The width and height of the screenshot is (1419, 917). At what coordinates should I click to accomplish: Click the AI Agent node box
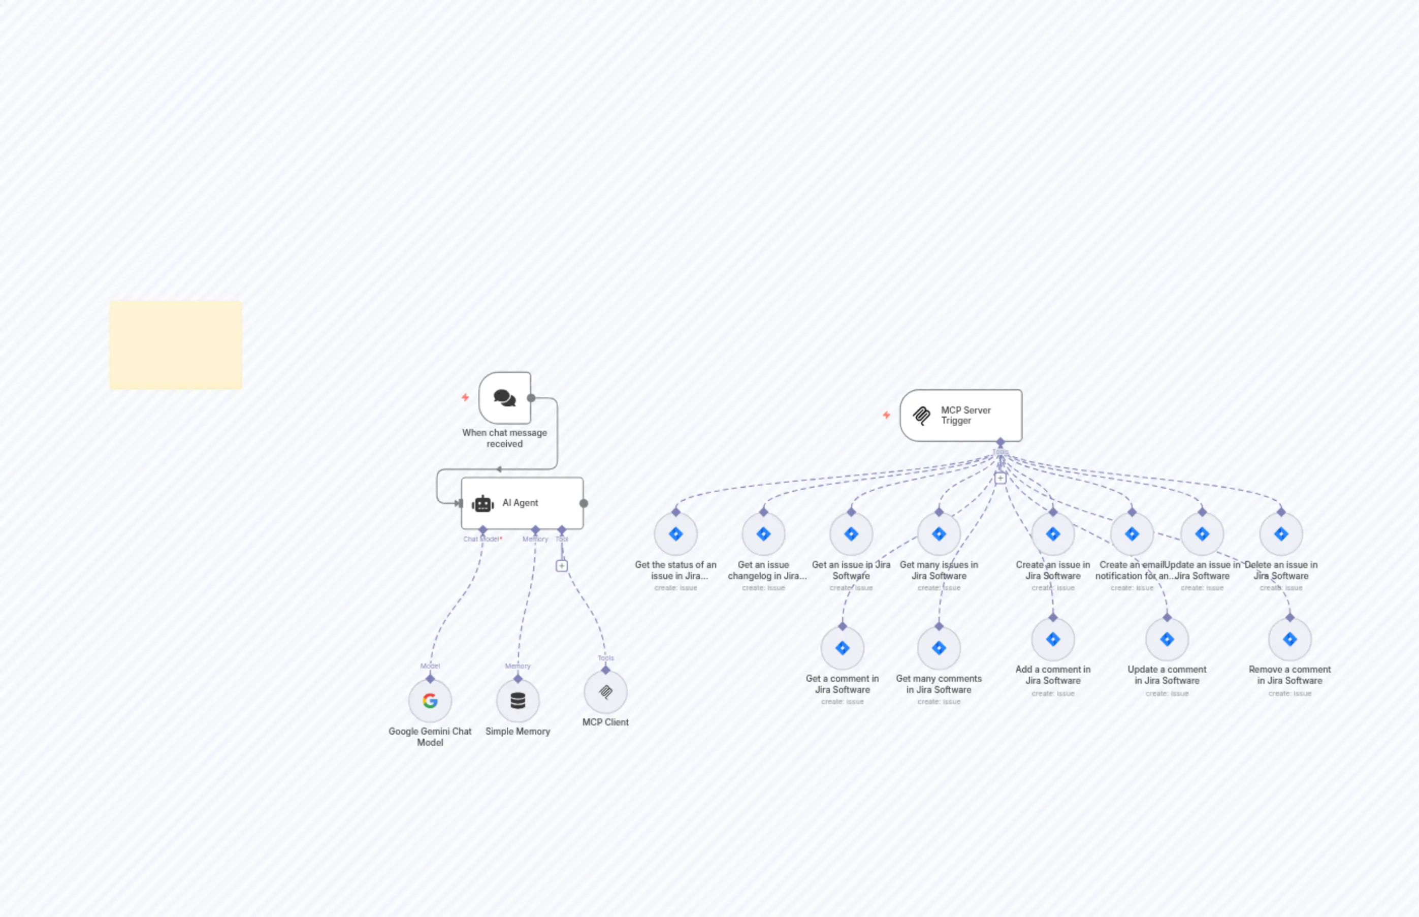(522, 502)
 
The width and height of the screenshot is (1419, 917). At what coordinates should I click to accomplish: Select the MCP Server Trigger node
(961, 415)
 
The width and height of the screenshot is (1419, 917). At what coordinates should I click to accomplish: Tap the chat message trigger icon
(505, 397)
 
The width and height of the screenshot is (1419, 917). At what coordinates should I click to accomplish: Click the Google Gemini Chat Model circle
(430, 700)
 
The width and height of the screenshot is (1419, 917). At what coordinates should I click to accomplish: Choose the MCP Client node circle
(605, 691)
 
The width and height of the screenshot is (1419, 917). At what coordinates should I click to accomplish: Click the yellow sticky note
(176, 345)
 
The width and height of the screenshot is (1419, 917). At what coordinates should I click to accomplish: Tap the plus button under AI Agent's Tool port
(561, 565)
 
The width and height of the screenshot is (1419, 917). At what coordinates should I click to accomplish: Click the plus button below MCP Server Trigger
(1001, 478)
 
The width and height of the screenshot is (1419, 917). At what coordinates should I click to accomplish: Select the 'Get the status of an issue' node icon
(675, 534)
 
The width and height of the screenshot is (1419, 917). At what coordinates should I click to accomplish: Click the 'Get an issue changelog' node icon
(763, 534)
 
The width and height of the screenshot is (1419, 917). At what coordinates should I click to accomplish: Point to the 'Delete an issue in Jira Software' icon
(1281, 534)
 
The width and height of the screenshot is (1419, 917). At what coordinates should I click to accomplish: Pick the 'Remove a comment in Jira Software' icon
(1290, 639)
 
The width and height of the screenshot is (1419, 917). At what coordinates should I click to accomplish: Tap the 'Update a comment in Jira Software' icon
(1167, 639)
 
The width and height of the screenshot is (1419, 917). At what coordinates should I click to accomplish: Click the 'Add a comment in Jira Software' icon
(1053, 639)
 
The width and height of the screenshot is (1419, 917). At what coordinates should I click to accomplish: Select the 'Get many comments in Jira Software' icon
(939, 648)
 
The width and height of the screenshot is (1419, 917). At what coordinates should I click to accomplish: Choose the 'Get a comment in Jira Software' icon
(842, 648)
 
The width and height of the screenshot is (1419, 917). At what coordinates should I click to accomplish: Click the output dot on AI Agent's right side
(584, 503)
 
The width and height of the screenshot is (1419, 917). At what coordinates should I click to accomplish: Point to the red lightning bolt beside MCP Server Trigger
(886, 415)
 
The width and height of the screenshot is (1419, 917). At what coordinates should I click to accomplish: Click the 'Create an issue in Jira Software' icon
(1053, 534)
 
